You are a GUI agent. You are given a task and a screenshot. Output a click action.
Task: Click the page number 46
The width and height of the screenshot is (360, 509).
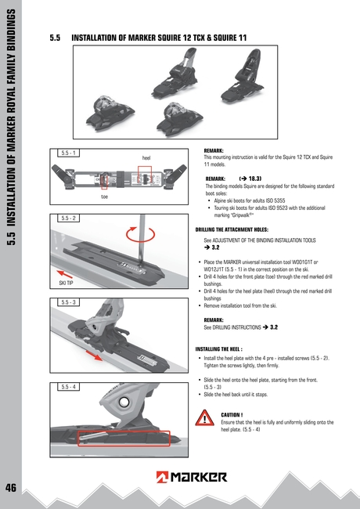tap(11, 487)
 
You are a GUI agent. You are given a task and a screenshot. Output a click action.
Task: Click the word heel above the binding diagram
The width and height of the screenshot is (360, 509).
tap(146, 158)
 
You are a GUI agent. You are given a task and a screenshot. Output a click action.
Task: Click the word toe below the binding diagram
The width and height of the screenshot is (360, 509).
tap(104, 197)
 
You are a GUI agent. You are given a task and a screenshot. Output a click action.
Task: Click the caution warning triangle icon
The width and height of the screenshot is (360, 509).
tap(205, 419)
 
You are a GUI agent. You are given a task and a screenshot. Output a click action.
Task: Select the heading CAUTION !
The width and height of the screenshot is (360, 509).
tap(232, 414)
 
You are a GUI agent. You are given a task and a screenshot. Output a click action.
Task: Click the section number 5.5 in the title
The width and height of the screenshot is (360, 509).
tap(55, 37)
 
